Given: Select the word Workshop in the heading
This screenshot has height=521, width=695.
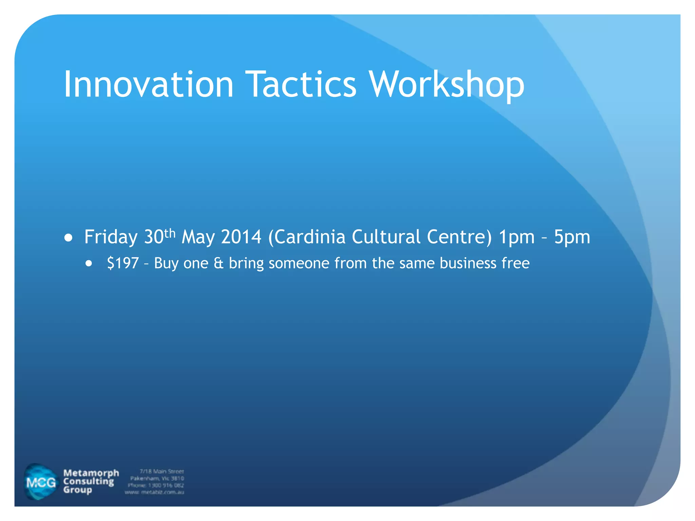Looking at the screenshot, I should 447,85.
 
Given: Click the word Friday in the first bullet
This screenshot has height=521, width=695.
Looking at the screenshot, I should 111,237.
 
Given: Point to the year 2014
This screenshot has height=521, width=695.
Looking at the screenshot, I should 241,237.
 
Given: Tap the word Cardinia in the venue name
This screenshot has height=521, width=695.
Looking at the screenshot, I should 310,237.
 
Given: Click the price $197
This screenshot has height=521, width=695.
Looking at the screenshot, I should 123,263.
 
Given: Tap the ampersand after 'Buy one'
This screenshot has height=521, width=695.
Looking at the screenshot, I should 219,263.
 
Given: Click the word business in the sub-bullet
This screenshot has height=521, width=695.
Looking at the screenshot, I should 468,263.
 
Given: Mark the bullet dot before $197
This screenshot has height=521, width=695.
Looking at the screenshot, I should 89,264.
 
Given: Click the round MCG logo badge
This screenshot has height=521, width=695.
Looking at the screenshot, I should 41,482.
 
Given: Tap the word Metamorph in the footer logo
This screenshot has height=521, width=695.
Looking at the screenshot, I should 91,473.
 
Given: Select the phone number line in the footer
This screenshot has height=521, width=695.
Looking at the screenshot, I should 156,485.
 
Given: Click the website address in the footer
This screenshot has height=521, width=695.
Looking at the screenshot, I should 154,492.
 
